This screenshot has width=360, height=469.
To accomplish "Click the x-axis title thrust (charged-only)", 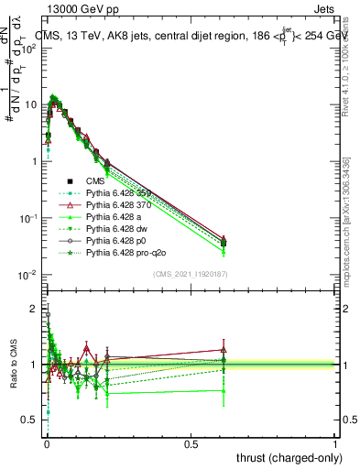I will click(x=287, y=457).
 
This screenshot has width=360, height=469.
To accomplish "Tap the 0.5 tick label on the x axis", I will click(x=191, y=443).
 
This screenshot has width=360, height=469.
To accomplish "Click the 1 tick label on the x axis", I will click(x=335, y=443).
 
